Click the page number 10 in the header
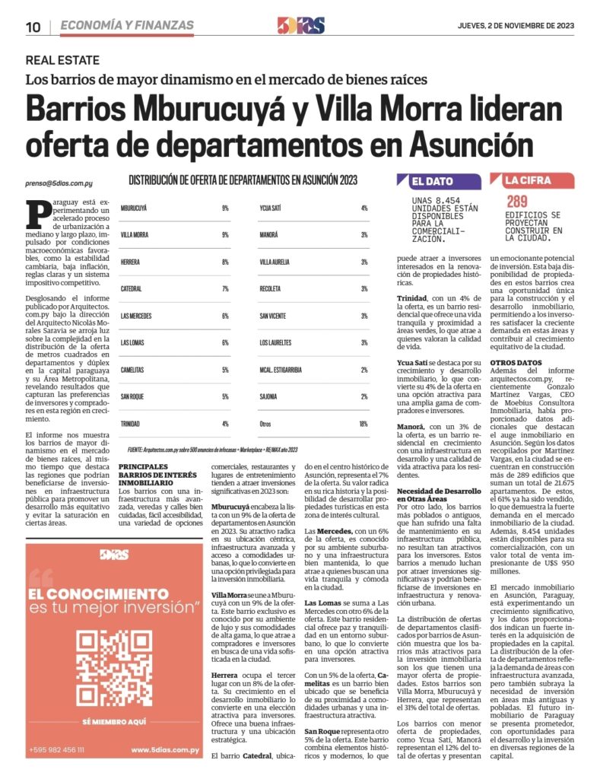[x=33, y=27]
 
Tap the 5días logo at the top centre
[x=300, y=26]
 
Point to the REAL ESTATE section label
[x=62, y=60]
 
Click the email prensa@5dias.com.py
[x=59, y=183]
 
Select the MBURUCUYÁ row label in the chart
[x=134, y=208]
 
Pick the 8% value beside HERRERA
[x=225, y=262]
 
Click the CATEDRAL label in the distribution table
[x=132, y=288]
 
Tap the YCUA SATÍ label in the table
[x=272, y=208]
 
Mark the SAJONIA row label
[x=269, y=396]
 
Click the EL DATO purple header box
[x=439, y=182]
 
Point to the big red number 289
[x=518, y=202]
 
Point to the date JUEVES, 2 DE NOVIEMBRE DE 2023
[x=516, y=25]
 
